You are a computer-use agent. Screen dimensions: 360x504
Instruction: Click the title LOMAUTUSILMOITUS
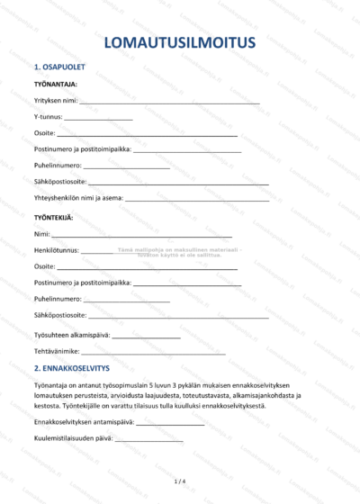(x=180, y=42)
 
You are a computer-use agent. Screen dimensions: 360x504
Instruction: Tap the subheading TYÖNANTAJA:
(x=55, y=85)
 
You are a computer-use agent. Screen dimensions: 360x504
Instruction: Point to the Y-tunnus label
(x=48, y=118)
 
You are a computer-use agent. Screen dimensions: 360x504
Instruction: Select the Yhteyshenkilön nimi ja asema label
(x=78, y=199)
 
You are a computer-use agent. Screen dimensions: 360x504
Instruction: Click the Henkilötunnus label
(x=57, y=250)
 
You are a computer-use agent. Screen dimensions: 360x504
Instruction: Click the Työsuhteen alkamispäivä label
(x=72, y=335)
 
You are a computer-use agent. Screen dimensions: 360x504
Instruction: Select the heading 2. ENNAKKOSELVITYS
(x=71, y=368)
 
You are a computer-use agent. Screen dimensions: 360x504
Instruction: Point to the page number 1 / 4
(x=179, y=481)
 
